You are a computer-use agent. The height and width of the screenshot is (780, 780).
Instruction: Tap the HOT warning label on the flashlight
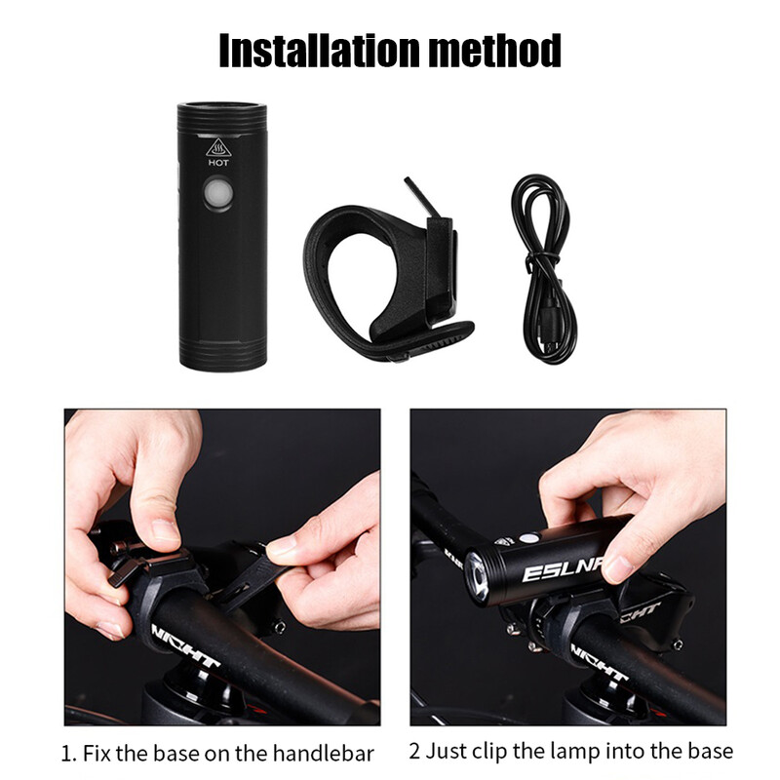pos(218,164)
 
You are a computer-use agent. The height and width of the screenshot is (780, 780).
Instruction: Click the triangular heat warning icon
pos(218,148)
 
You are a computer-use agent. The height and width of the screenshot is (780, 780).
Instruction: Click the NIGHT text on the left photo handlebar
pos(184,647)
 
